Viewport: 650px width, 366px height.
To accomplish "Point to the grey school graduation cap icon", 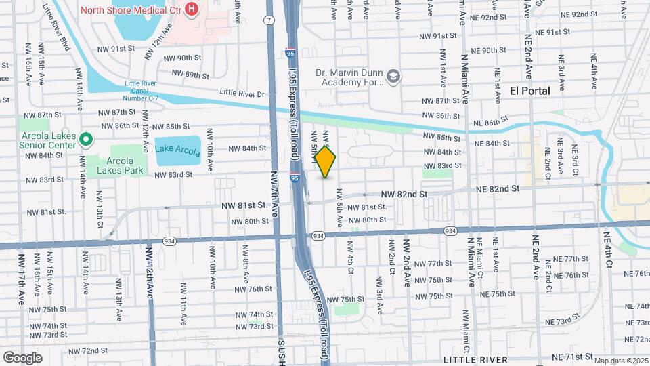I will (x=393, y=77).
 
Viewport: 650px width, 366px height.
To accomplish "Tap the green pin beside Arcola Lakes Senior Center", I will (x=85, y=140).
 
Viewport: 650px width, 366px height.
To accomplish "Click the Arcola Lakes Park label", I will (x=114, y=165).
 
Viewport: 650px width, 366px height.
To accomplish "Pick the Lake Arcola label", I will (x=177, y=149).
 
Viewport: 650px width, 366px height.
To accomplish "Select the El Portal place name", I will (x=529, y=90).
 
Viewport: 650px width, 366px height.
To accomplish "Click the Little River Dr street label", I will (x=242, y=93).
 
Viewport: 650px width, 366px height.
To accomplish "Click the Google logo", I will (x=22, y=357).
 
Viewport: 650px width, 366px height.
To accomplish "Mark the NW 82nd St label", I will (x=404, y=194).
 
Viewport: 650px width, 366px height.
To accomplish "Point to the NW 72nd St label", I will (x=85, y=350).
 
